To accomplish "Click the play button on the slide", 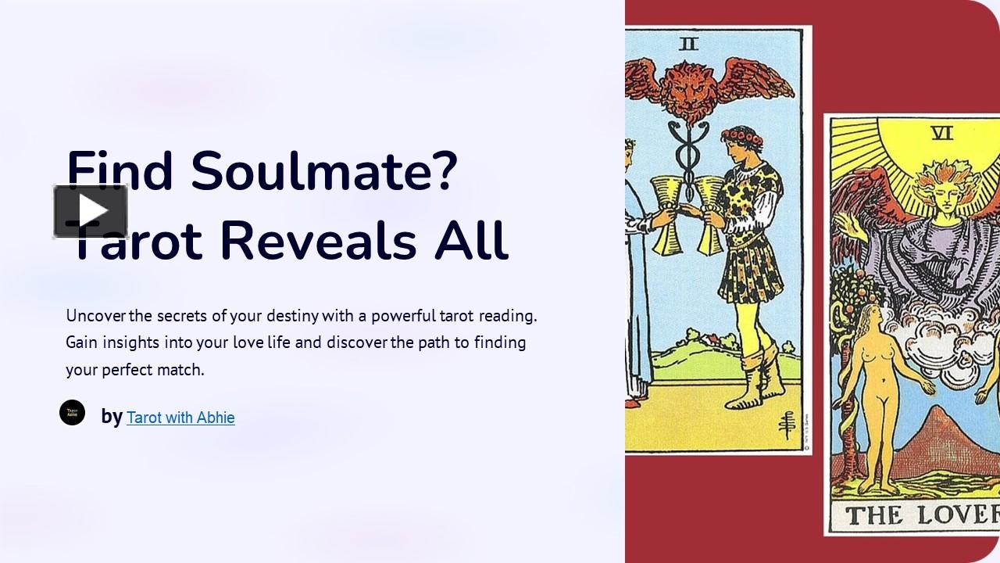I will click(91, 211).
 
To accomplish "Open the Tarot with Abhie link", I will click(180, 418).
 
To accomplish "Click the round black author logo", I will click(73, 412).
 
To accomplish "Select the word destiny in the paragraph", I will click(292, 316).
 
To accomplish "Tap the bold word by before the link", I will click(112, 417).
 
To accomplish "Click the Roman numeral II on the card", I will click(688, 45).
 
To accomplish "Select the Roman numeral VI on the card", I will click(943, 133).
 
